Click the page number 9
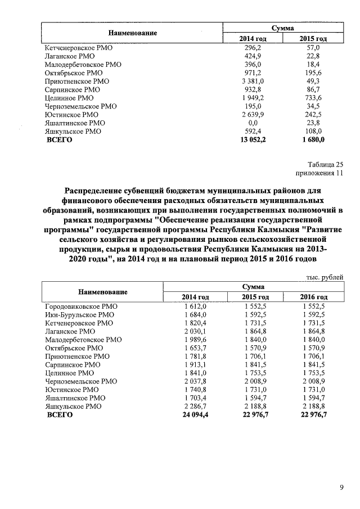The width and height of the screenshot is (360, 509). pyautogui.click(x=341, y=487)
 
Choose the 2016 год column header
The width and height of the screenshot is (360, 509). pyautogui.click(x=314, y=297)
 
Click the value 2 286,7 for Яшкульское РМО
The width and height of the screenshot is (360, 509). pyautogui.click(x=195, y=406)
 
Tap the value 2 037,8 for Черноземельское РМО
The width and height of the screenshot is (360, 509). pyautogui.click(x=195, y=381)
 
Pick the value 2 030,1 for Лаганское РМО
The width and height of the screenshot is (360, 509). pyautogui.click(x=195, y=331)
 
